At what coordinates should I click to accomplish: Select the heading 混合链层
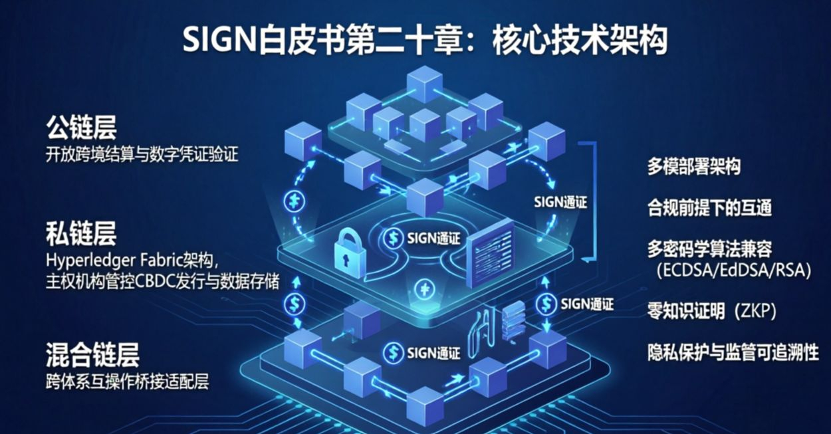tap(92, 354)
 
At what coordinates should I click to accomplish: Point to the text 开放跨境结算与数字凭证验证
tap(142, 155)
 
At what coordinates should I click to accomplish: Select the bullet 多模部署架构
tap(694, 167)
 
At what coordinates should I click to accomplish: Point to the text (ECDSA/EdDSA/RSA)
tap(733, 271)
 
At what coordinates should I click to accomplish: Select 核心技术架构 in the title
tap(580, 42)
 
